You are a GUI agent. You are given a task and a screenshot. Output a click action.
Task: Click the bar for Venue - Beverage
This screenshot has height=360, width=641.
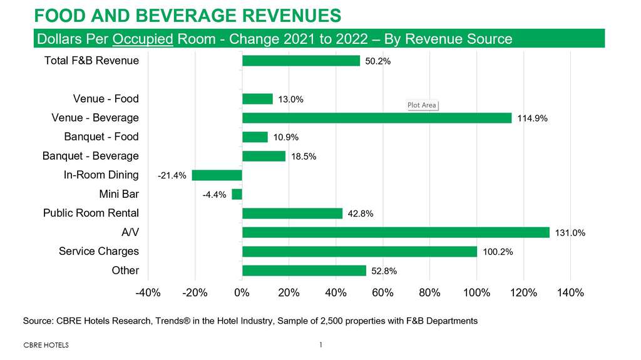click(x=377, y=118)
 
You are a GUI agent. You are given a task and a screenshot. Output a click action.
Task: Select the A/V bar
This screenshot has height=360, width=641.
click(x=396, y=232)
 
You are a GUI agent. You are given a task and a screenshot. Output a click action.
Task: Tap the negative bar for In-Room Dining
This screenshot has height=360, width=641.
click(x=217, y=175)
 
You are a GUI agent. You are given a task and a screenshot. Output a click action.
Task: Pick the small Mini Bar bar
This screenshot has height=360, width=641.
click(x=237, y=194)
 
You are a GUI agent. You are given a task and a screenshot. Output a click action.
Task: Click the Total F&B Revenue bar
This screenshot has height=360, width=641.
click(x=301, y=61)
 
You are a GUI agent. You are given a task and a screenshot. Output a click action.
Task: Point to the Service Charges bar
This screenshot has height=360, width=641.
click(x=359, y=252)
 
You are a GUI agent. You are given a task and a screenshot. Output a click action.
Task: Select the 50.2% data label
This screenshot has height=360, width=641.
click(x=378, y=61)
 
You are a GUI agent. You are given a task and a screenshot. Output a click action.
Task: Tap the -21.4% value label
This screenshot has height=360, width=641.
click(x=172, y=175)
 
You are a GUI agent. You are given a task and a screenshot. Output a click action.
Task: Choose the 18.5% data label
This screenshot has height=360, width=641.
click(x=303, y=157)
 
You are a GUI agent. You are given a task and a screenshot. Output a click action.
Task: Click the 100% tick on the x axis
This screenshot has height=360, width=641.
click(x=476, y=293)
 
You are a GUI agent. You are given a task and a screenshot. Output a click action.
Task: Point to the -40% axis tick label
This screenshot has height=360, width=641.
click(x=148, y=293)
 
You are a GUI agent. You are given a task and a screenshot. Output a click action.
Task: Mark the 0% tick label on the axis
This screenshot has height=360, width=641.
click(x=242, y=293)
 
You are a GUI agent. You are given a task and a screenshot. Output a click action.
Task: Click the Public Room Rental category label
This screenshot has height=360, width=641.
click(x=91, y=213)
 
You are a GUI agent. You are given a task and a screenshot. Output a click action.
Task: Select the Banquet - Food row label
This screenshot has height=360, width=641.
click(x=101, y=137)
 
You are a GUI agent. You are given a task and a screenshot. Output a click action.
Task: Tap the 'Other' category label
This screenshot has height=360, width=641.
click(x=125, y=270)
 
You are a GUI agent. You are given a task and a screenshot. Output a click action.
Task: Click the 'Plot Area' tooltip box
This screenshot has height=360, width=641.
click(x=422, y=105)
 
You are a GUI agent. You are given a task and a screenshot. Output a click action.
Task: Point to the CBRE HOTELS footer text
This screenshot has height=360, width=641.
click(x=46, y=346)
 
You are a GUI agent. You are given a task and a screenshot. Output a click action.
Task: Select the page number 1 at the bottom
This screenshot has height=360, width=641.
click(x=320, y=345)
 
